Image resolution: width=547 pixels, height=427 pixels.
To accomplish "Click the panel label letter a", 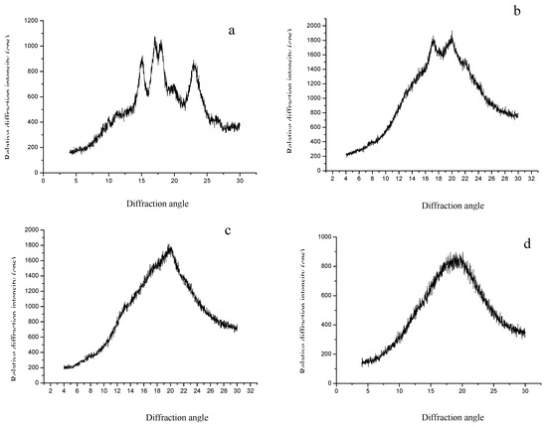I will [231, 31].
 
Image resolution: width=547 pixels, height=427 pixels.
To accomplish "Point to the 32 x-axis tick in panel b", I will [535, 181].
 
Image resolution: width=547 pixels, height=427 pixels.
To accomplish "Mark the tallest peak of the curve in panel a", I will [155, 39].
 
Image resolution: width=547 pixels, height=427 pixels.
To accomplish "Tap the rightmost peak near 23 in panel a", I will [194, 65].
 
